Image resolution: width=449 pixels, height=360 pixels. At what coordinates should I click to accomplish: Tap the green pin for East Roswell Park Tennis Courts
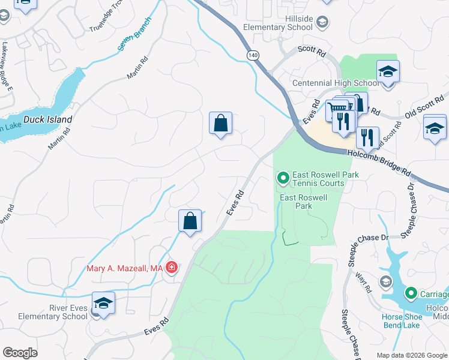click(x=282, y=178)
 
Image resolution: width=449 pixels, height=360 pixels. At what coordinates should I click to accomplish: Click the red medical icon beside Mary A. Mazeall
click(x=172, y=268)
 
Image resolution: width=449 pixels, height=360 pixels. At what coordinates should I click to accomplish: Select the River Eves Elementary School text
click(x=53, y=312)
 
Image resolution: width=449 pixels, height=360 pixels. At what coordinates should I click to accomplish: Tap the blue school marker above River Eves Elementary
click(x=103, y=303)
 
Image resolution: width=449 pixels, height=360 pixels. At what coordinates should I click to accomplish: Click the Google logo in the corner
click(x=20, y=353)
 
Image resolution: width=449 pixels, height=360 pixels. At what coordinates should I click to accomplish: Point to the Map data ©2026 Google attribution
click(x=411, y=355)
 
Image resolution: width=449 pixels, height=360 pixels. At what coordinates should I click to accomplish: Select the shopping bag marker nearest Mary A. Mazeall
click(x=190, y=221)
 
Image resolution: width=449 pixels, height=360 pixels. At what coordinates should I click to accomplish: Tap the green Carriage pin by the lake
click(x=411, y=293)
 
